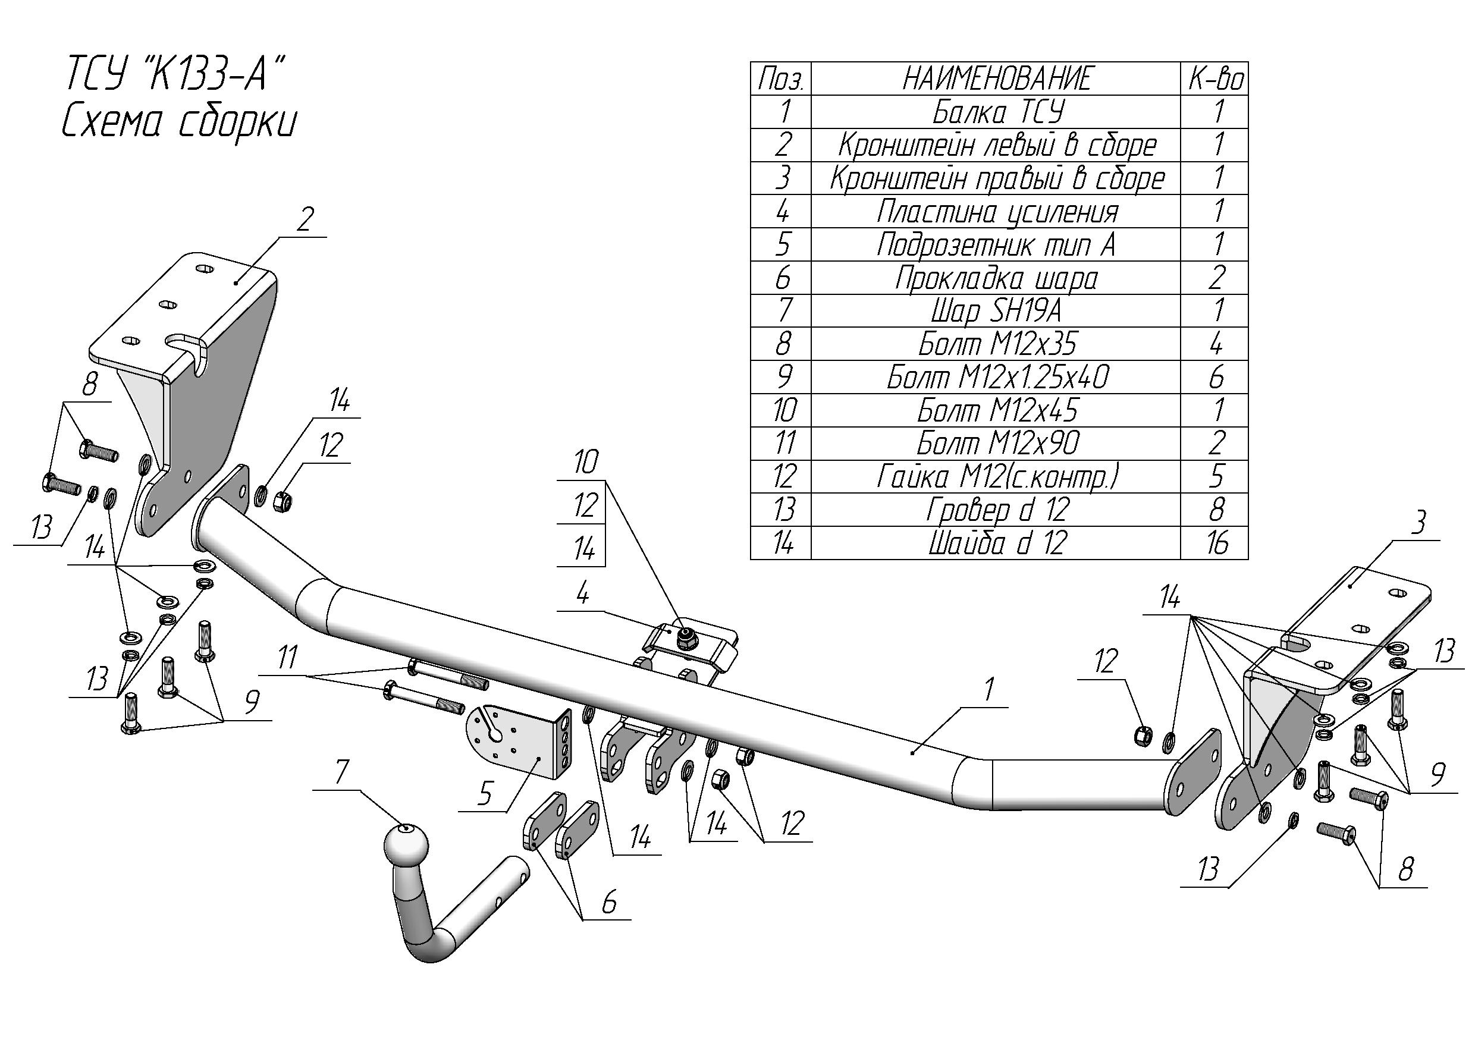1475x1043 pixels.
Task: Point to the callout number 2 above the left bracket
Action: click(x=306, y=220)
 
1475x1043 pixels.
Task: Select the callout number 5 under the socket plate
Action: click(x=485, y=794)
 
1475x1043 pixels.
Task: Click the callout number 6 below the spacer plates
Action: click(x=609, y=902)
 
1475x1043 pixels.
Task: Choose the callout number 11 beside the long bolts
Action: click(x=288, y=657)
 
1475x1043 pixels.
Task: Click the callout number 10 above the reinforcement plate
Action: click(x=585, y=463)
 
